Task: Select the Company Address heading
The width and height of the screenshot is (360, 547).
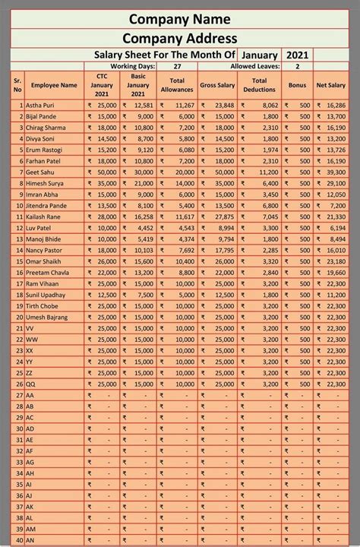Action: (180, 39)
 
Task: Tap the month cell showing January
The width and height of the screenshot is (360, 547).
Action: (259, 55)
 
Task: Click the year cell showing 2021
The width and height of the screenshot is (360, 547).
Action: (297, 55)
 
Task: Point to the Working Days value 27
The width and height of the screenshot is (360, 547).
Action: (177, 67)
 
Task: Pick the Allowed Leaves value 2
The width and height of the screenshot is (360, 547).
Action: (297, 67)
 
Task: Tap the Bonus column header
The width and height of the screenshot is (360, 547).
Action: (297, 86)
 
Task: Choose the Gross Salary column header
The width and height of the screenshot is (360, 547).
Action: (217, 86)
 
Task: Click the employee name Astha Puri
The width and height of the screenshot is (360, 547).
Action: (42, 106)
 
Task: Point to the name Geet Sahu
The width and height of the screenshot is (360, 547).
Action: (41, 172)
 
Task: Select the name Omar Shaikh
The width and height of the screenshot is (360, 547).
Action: (44, 261)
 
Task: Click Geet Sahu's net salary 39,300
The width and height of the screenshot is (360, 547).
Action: (336, 172)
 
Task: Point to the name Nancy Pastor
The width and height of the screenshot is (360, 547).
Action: (44, 250)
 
